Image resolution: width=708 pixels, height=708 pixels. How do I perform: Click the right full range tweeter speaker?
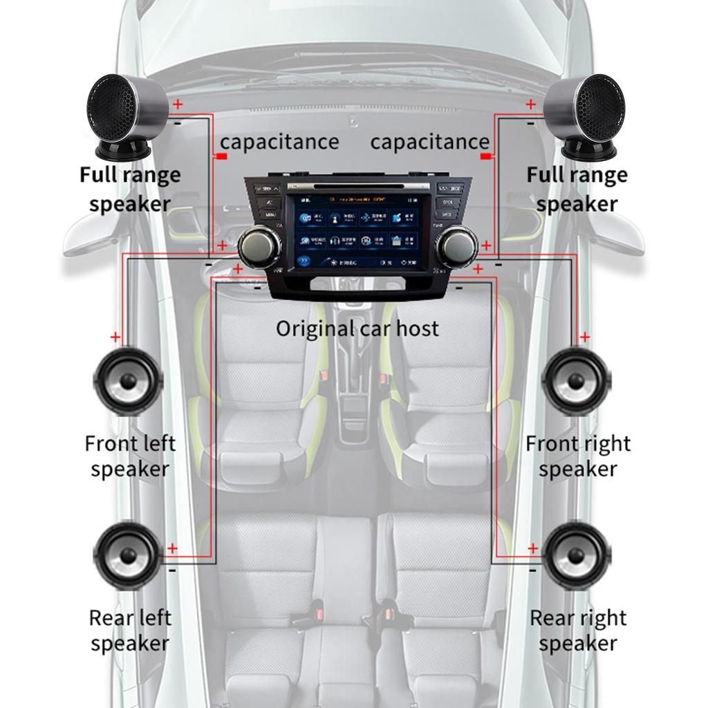[585, 115]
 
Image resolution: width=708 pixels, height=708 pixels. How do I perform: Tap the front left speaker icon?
[128, 381]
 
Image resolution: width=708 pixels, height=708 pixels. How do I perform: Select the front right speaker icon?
[576, 381]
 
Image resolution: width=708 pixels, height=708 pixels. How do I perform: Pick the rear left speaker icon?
[128, 556]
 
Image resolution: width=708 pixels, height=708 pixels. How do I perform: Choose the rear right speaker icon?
[576, 556]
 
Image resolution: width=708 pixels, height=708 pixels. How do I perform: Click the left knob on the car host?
[259, 247]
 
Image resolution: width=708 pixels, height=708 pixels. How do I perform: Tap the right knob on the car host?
[456, 247]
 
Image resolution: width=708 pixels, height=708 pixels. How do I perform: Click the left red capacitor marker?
[221, 158]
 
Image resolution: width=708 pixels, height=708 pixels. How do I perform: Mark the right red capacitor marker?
[486, 158]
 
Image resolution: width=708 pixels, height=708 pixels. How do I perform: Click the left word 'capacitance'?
[279, 142]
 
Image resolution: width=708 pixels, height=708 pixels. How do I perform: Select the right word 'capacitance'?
[429, 142]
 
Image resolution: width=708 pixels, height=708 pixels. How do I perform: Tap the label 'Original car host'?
[357, 328]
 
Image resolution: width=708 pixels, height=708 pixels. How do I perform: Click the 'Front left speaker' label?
[130, 456]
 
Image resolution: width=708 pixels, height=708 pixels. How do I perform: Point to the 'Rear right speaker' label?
[578, 630]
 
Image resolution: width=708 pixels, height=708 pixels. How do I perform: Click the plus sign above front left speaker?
[115, 337]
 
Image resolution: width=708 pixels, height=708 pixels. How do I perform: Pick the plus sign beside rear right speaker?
[532, 548]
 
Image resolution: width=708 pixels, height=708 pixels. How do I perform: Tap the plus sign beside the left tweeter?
[178, 104]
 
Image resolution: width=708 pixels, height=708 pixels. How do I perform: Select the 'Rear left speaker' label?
[130, 630]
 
